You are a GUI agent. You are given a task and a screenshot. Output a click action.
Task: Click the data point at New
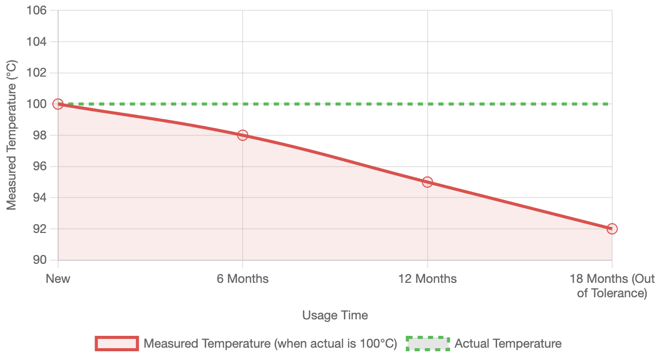[58, 104]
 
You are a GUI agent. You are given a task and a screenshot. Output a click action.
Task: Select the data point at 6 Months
[243, 135]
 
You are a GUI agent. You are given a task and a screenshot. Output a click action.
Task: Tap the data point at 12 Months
[427, 182]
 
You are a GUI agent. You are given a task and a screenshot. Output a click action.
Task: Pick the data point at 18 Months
[612, 229]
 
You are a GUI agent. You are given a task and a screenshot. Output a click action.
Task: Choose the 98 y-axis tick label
[41, 135]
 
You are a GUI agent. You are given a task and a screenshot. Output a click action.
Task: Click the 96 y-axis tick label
[41, 167]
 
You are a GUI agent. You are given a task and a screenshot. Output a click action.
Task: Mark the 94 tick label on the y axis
[41, 197]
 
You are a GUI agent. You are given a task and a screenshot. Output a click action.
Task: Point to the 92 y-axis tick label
[41, 229]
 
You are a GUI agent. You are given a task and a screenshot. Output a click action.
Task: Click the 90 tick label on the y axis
[41, 260]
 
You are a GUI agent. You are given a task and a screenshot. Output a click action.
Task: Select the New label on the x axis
[58, 279]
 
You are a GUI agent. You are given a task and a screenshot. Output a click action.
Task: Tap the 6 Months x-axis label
[243, 279]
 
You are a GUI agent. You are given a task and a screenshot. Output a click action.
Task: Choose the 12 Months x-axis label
[427, 279]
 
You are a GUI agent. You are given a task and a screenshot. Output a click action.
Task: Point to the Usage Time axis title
[335, 315]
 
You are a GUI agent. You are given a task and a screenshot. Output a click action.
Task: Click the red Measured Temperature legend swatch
[117, 344]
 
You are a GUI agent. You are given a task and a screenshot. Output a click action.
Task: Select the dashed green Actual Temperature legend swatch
[428, 344]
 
